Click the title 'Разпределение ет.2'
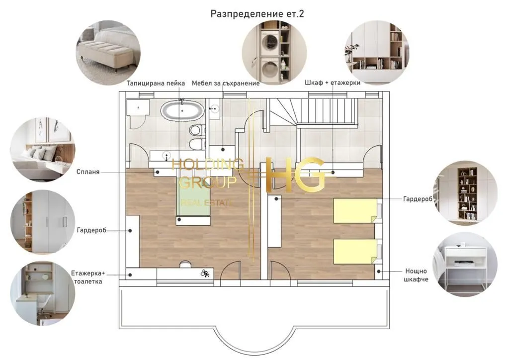tap(257, 14)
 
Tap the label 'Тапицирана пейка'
tap(156, 84)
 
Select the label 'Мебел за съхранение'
tap(226, 84)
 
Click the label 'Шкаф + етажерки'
tap(333, 83)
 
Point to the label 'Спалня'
tap(88, 172)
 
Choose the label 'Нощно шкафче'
tap(416, 275)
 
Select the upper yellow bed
tap(356, 211)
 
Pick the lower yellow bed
tap(356, 251)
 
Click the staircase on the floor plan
tap(313, 111)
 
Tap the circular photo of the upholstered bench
tap(108, 53)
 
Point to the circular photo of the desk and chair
tap(43, 293)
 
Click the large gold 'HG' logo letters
tap(295, 175)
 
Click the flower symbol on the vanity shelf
tap(204, 273)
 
